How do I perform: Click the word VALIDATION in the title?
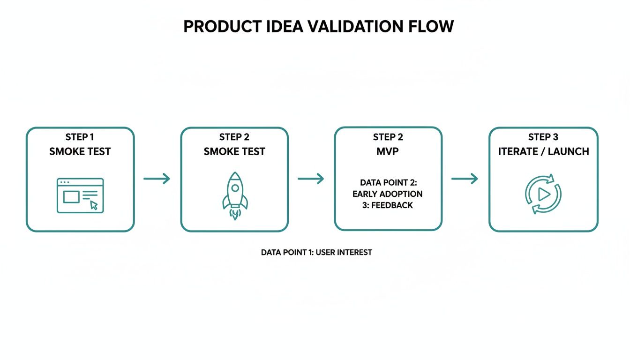[x=353, y=27]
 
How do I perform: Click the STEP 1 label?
[x=80, y=137]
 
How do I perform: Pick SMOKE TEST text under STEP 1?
[x=80, y=151]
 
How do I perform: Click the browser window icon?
[x=80, y=195]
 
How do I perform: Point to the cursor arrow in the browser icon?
[x=94, y=205]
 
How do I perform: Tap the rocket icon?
[x=234, y=192]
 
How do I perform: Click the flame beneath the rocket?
[x=234, y=215]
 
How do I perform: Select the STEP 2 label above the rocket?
[x=234, y=137]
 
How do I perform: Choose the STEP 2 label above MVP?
[x=388, y=137]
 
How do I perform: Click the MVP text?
[x=388, y=151]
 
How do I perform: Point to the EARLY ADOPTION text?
[x=388, y=194]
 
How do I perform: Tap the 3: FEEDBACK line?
[x=388, y=205]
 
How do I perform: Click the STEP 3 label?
[x=543, y=137]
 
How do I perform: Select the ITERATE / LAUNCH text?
[x=543, y=151]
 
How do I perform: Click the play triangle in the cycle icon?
[x=544, y=194]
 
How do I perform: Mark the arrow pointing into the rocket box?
[x=157, y=179]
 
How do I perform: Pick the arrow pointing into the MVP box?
[x=311, y=179]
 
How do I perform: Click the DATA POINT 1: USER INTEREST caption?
[x=316, y=252]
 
